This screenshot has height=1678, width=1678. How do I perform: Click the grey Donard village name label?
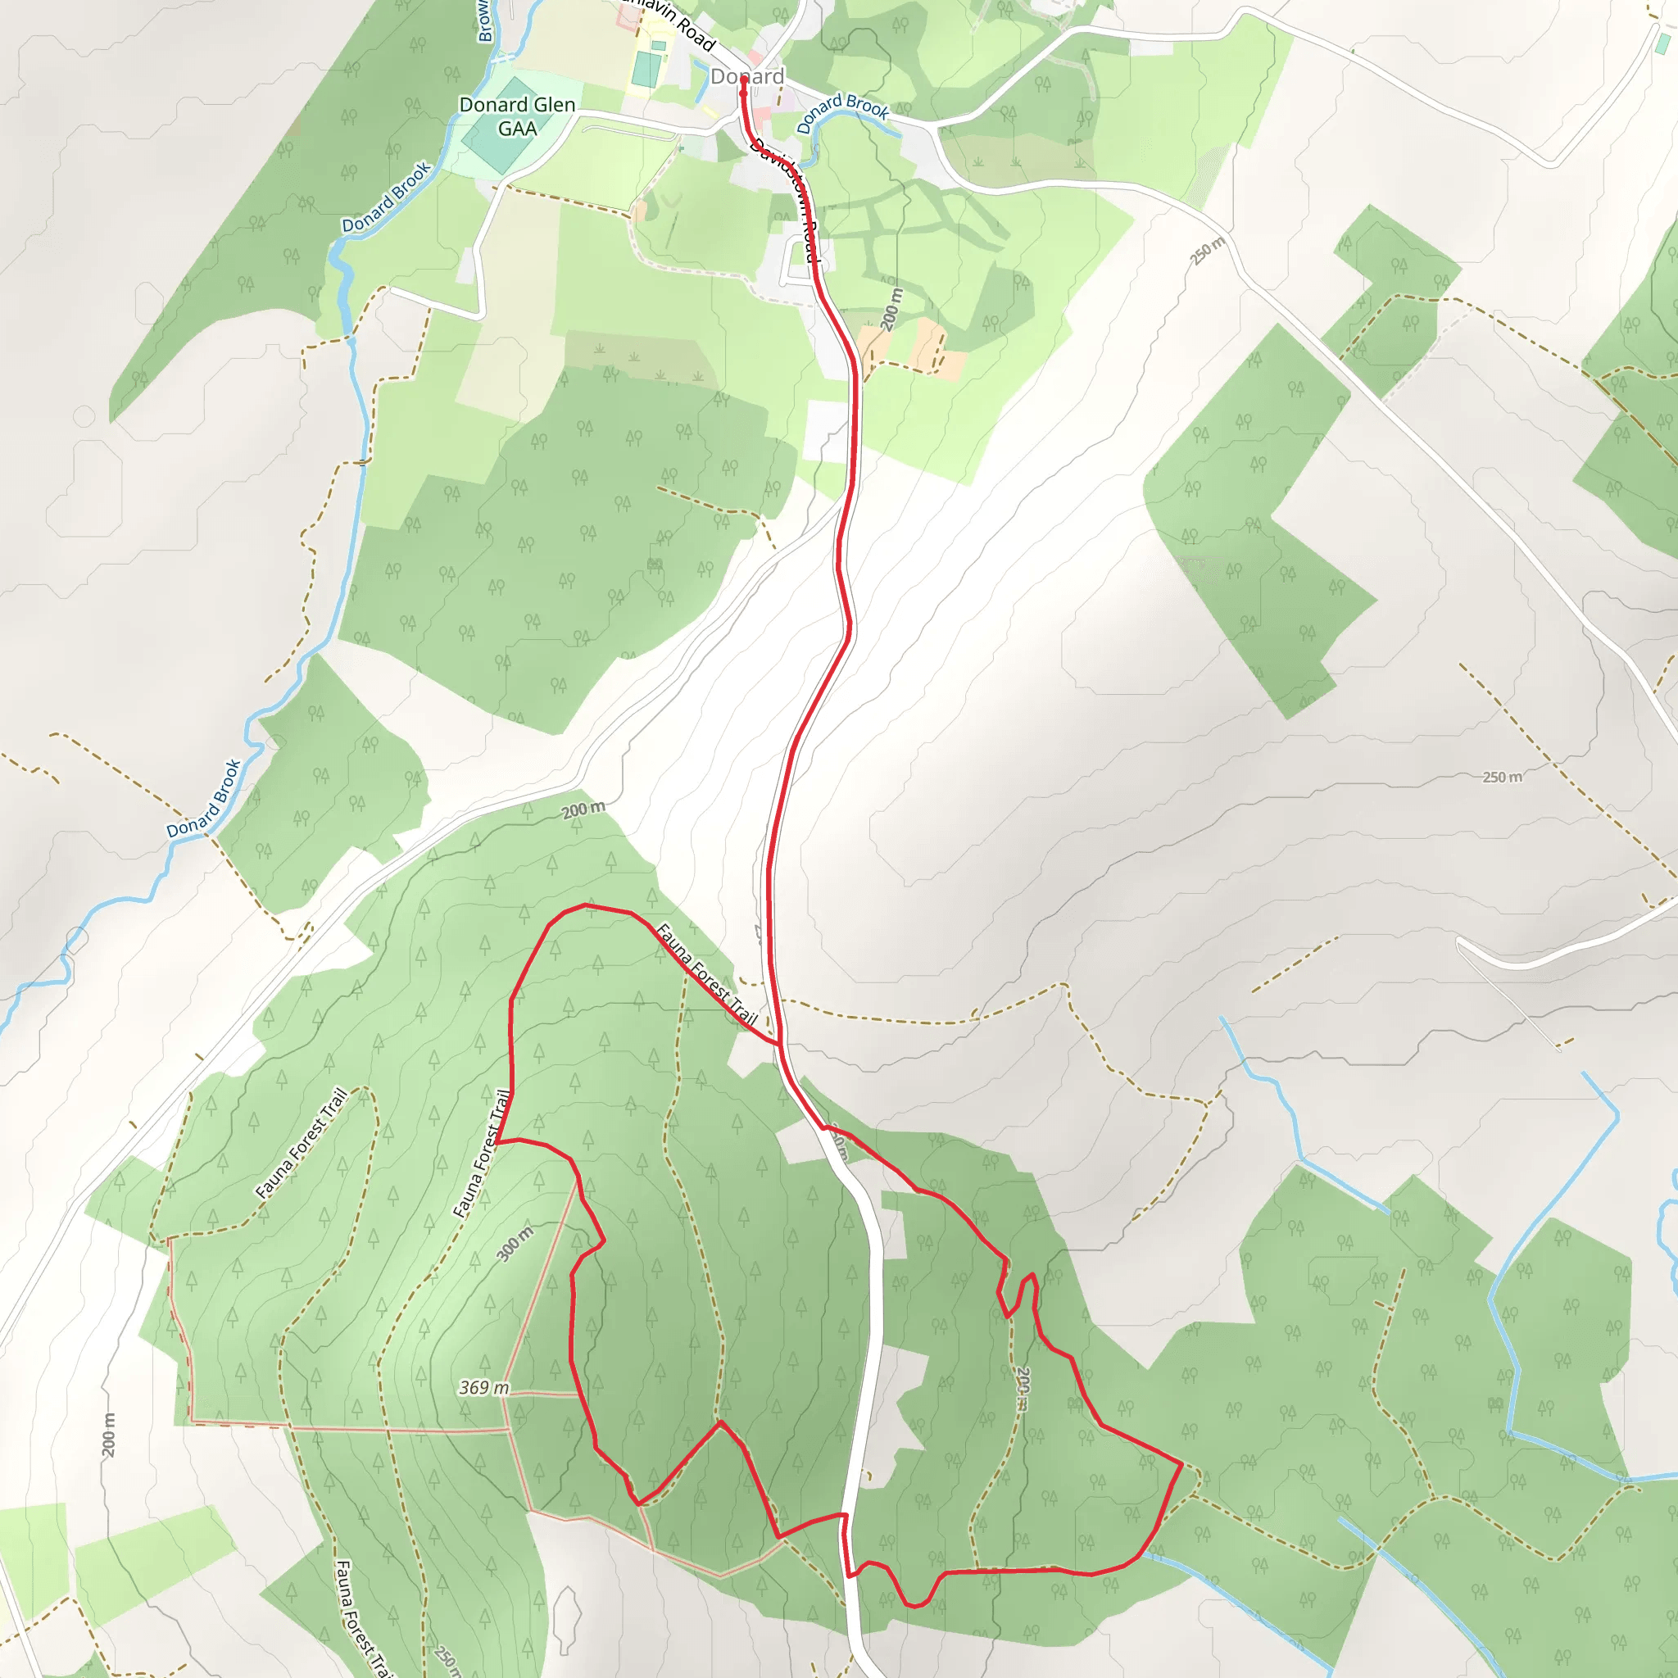pos(747,76)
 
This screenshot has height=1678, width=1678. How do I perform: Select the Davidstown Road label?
pos(785,199)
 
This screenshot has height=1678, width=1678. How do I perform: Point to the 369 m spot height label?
pos(483,1388)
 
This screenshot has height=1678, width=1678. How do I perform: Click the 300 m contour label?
pos(515,1244)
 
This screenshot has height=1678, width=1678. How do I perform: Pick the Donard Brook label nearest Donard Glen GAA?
pos(387,197)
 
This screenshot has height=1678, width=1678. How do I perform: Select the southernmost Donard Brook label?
pos(203,797)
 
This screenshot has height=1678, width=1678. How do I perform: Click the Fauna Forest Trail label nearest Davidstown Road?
pos(707,974)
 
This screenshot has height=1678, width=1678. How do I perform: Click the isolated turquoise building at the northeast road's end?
pos(1662,43)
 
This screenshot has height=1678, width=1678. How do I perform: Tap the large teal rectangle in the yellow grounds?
pos(646,69)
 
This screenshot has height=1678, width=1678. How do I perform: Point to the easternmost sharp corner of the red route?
pos(1181,1464)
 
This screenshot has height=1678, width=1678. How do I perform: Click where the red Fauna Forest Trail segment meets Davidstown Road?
pos(779,1043)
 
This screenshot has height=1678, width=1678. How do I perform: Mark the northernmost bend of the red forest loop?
pos(587,905)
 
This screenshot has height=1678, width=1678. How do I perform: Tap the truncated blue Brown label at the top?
pos(483,22)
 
